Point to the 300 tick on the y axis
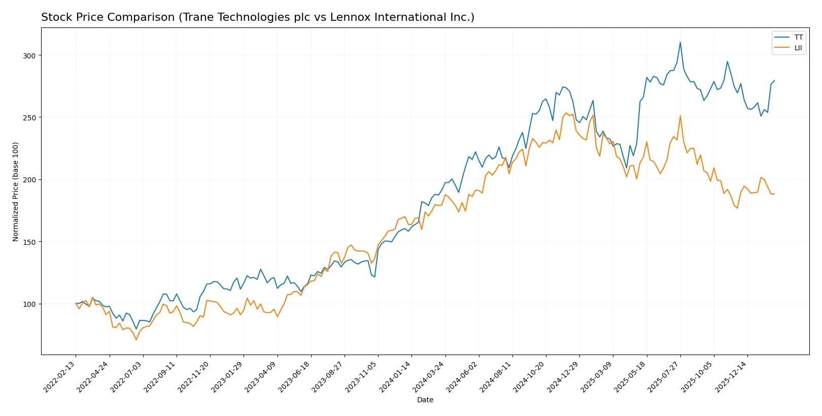pos(29,55)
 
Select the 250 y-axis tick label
pos(29,117)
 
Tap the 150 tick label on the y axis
pos(29,242)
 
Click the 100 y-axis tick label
pos(29,304)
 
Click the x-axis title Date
pos(425,400)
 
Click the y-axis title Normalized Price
pos(15,191)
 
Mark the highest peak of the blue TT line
pos(680,42)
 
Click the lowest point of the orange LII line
pos(136,339)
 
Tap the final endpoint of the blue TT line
pos(774,80)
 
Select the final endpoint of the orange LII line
pos(774,194)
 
